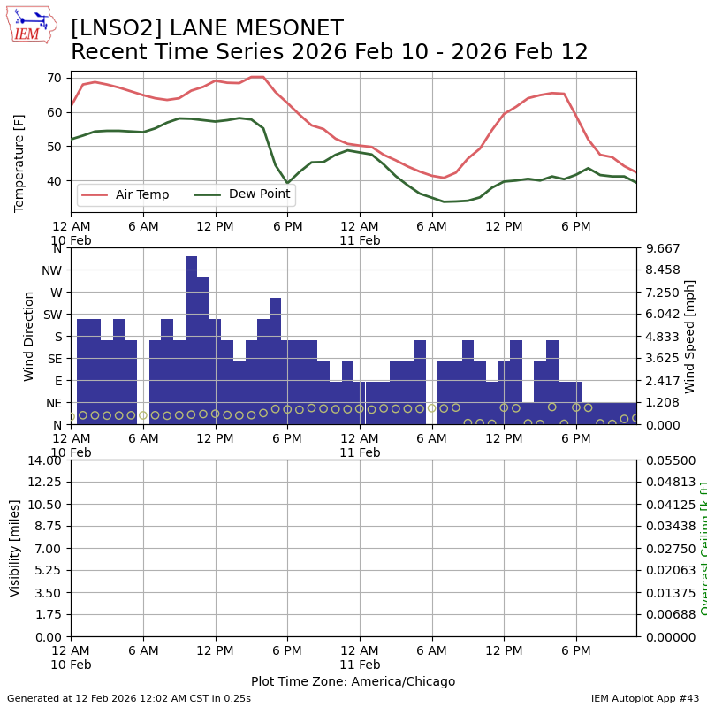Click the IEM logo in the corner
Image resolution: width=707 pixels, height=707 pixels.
coord(31,25)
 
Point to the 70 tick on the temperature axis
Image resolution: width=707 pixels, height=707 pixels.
coord(55,78)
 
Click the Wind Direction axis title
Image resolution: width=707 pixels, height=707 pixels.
coord(29,336)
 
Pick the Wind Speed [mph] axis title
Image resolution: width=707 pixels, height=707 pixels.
coord(690,336)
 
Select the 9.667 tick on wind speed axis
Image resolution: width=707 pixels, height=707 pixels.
coord(658,248)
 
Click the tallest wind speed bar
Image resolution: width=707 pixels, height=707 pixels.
coord(191,340)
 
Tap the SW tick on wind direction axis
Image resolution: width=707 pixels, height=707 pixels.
coord(52,314)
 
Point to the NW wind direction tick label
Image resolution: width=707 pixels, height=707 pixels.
coord(51,270)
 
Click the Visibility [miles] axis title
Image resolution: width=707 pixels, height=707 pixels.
coord(15,548)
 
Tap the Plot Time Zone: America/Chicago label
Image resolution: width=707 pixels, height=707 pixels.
coord(353,681)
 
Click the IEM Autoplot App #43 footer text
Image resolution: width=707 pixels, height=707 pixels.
coord(645,698)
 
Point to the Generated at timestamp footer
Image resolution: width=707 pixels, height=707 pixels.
coord(129,698)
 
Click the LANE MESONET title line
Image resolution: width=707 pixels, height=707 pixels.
coord(207,28)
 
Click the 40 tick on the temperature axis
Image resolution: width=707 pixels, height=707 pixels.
coord(55,181)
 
